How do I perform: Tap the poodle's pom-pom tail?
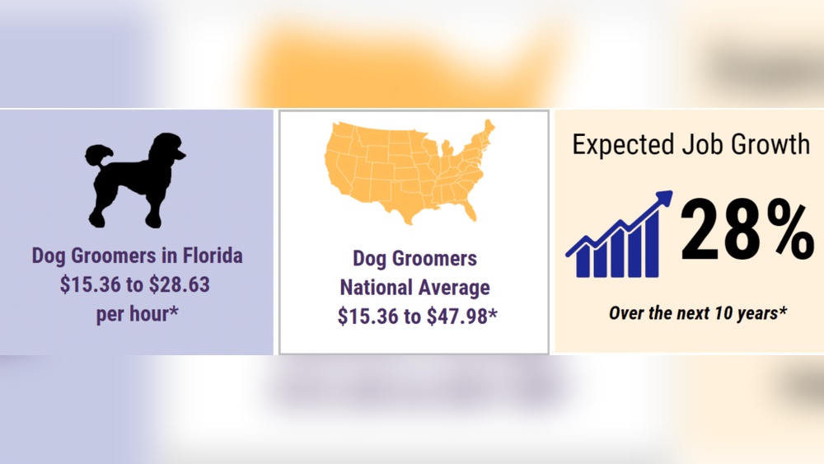point(96,156)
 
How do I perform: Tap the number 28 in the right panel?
point(714,234)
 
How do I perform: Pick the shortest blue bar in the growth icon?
point(582,265)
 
